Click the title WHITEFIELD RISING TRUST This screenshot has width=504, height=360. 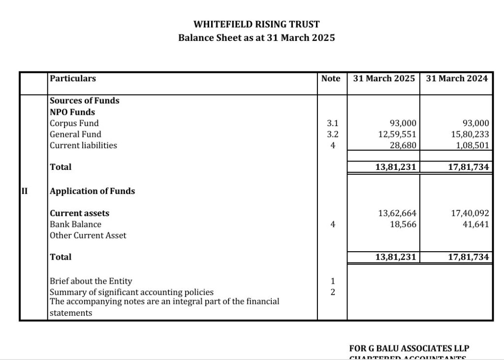(x=256, y=24)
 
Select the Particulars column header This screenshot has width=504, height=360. (x=73, y=78)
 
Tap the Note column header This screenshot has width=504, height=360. (x=331, y=78)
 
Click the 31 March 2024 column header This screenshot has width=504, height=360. (x=457, y=78)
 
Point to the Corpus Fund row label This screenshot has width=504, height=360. (x=74, y=123)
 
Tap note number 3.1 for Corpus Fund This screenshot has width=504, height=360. (x=333, y=123)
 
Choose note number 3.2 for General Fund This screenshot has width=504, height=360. (x=333, y=134)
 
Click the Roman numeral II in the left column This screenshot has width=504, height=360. (x=24, y=191)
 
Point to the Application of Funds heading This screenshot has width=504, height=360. (x=93, y=191)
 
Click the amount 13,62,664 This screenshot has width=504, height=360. (x=397, y=213)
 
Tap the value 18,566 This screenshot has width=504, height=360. (x=403, y=225)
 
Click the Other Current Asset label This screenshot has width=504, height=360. (x=88, y=235)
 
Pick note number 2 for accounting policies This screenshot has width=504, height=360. (x=333, y=293)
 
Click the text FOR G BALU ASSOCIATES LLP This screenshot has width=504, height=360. (x=412, y=349)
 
